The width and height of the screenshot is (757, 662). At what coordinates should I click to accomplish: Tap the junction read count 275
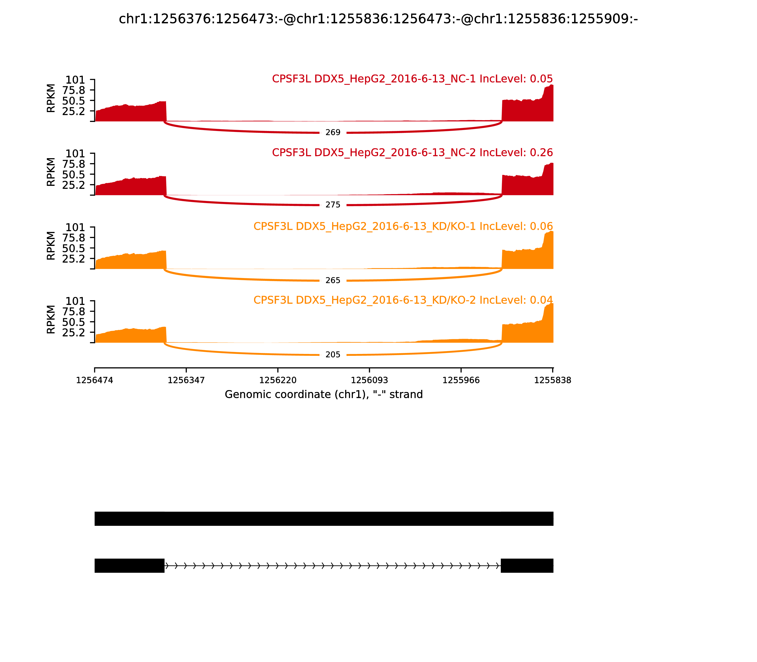coord(333,205)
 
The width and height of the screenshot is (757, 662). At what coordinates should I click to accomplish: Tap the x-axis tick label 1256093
coord(369,380)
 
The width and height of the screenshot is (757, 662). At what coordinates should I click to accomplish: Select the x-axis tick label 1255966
coord(461,380)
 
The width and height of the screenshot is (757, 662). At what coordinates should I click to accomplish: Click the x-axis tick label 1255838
coord(553,380)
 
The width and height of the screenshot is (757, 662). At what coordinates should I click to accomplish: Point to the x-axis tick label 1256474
coord(95,380)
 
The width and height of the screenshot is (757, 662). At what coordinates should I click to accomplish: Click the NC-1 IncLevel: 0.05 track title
coord(412,79)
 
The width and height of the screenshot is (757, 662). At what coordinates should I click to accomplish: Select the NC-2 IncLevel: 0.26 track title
coord(412,152)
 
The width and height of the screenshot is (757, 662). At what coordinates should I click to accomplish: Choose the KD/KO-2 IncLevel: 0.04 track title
coord(403,300)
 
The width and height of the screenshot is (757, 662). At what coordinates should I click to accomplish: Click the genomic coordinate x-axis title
coord(323,395)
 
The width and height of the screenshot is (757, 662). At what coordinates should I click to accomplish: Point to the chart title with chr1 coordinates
coord(378,19)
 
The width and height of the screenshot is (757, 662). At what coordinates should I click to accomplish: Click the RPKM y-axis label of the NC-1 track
coord(51,98)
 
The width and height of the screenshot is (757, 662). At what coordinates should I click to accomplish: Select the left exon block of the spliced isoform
coord(129,566)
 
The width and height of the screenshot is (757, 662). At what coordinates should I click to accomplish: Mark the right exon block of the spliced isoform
coord(527,566)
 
